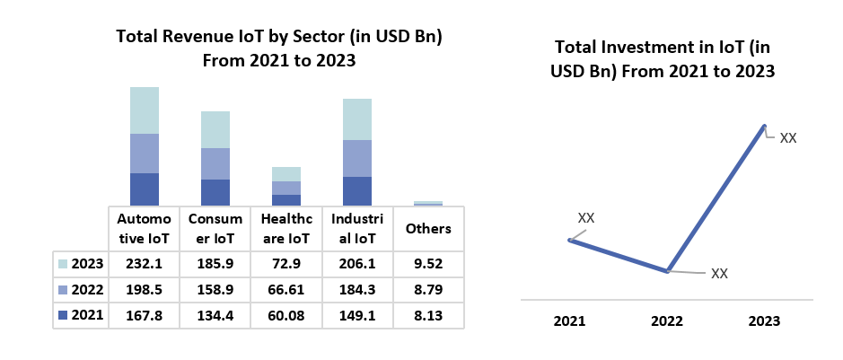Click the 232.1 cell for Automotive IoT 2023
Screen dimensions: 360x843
(x=144, y=264)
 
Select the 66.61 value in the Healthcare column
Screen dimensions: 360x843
(x=285, y=289)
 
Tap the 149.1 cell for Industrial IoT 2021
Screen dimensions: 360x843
(x=356, y=314)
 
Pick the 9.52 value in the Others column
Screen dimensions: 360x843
(x=428, y=264)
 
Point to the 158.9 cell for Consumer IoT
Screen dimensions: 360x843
(x=215, y=289)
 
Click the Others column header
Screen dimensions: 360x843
(x=428, y=229)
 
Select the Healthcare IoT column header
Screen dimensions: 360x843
(x=285, y=229)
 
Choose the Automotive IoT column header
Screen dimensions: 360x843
(x=144, y=229)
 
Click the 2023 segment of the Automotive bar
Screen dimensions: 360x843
(x=145, y=110)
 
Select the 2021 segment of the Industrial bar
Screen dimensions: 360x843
(x=357, y=190)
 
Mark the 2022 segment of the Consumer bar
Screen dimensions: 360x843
(x=215, y=163)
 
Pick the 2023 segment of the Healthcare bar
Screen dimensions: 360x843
(x=286, y=174)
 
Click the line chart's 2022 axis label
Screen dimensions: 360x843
(x=667, y=321)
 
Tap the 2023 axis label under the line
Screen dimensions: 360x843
(x=765, y=321)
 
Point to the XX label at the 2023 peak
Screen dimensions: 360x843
(x=788, y=138)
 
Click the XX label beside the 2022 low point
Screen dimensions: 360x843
(x=719, y=273)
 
